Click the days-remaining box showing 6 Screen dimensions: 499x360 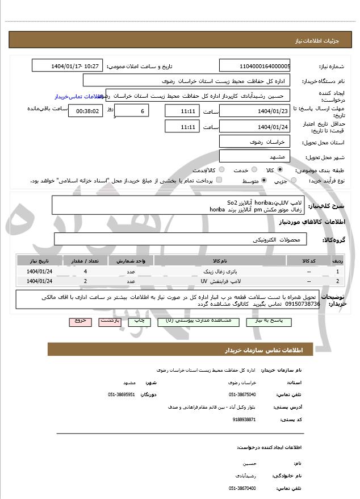click(x=132, y=111)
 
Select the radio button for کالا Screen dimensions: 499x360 click(x=280, y=169)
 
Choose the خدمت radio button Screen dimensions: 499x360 click(x=253, y=169)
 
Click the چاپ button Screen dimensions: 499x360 click(x=139, y=321)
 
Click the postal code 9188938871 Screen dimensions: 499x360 click(x=244, y=419)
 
